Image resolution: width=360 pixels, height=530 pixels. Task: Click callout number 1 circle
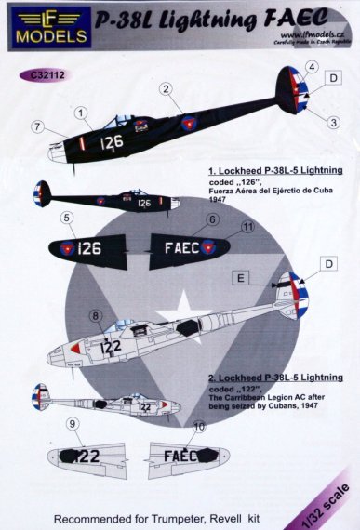[81, 114]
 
